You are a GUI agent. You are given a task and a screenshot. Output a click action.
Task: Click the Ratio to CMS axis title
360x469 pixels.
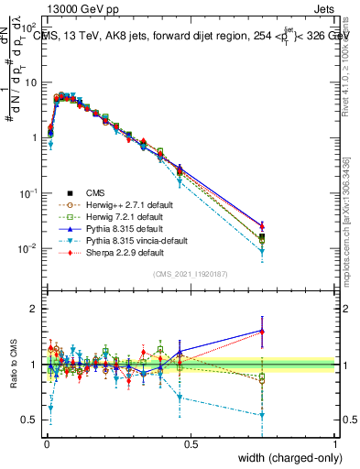pyautogui.click(x=14, y=367)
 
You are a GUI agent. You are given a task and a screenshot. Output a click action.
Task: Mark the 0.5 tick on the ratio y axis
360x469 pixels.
pyautogui.click(x=29, y=420)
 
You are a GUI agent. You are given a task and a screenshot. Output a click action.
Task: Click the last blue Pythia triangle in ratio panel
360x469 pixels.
pyautogui.click(x=262, y=332)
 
